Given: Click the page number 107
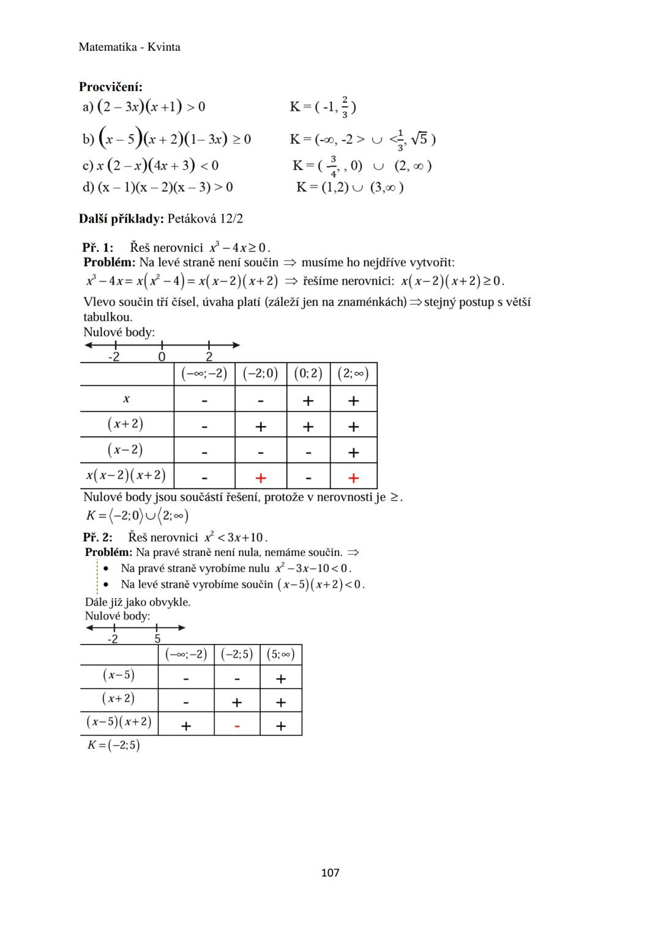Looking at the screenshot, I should [330, 872].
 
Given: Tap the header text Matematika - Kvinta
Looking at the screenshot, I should [129, 47].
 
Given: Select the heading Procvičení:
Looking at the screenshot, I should [110, 87].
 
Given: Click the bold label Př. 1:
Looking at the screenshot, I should [98, 248].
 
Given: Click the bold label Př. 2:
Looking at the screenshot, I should [98, 537].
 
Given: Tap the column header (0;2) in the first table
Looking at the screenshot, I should [308, 373].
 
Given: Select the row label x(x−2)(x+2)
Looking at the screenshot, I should [126, 475].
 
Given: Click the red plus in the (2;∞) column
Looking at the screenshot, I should [353, 478].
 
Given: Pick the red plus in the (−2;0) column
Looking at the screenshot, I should [260, 478].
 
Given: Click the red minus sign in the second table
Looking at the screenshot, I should [237, 726].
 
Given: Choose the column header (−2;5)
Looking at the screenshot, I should [237, 654].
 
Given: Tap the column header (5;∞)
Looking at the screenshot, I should [281, 654].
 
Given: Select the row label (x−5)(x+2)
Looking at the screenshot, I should [119, 722].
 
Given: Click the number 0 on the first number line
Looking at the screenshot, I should [162, 357].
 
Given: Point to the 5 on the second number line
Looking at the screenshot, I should [157, 639].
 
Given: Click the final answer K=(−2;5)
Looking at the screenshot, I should [114, 745].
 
